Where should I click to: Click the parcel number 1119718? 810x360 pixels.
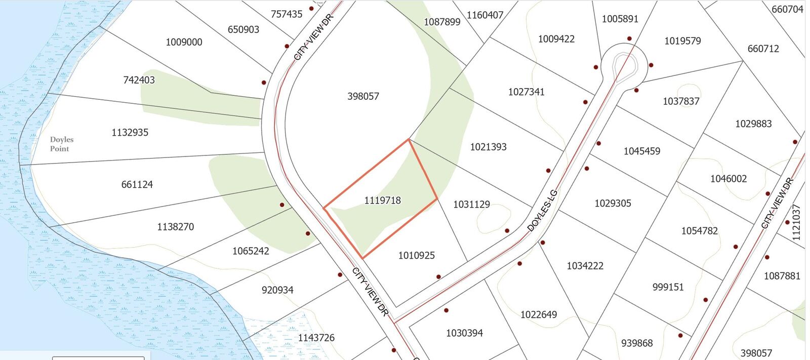pyautogui.click(x=382, y=201)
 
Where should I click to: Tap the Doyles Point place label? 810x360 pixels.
pyautogui.click(x=61, y=144)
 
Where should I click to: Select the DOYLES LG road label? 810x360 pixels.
pyautogui.click(x=542, y=210)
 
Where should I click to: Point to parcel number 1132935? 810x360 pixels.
pyautogui.click(x=130, y=133)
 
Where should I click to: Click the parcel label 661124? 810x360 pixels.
pyautogui.click(x=137, y=185)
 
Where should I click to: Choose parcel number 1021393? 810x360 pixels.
pyautogui.click(x=488, y=147)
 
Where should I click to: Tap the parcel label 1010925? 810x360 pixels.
pyautogui.click(x=416, y=256)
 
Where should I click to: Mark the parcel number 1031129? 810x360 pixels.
pyautogui.click(x=471, y=205)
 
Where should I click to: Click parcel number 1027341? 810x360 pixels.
pyautogui.click(x=526, y=92)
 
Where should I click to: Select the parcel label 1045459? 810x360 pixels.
pyautogui.click(x=641, y=151)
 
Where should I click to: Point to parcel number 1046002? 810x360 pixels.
pyautogui.click(x=728, y=179)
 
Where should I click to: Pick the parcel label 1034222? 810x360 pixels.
pyautogui.click(x=585, y=266)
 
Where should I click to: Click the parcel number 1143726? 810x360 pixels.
pyautogui.click(x=316, y=338)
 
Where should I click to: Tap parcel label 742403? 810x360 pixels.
pyautogui.click(x=139, y=80)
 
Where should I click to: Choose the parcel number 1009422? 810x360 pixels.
pyautogui.click(x=556, y=39)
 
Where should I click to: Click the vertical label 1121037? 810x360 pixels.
pyautogui.click(x=796, y=222)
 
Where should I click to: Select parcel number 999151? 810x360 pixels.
pyautogui.click(x=668, y=287)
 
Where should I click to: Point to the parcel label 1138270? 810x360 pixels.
pyautogui.click(x=175, y=227)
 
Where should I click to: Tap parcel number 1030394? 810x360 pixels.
pyautogui.click(x=464, y=333)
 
